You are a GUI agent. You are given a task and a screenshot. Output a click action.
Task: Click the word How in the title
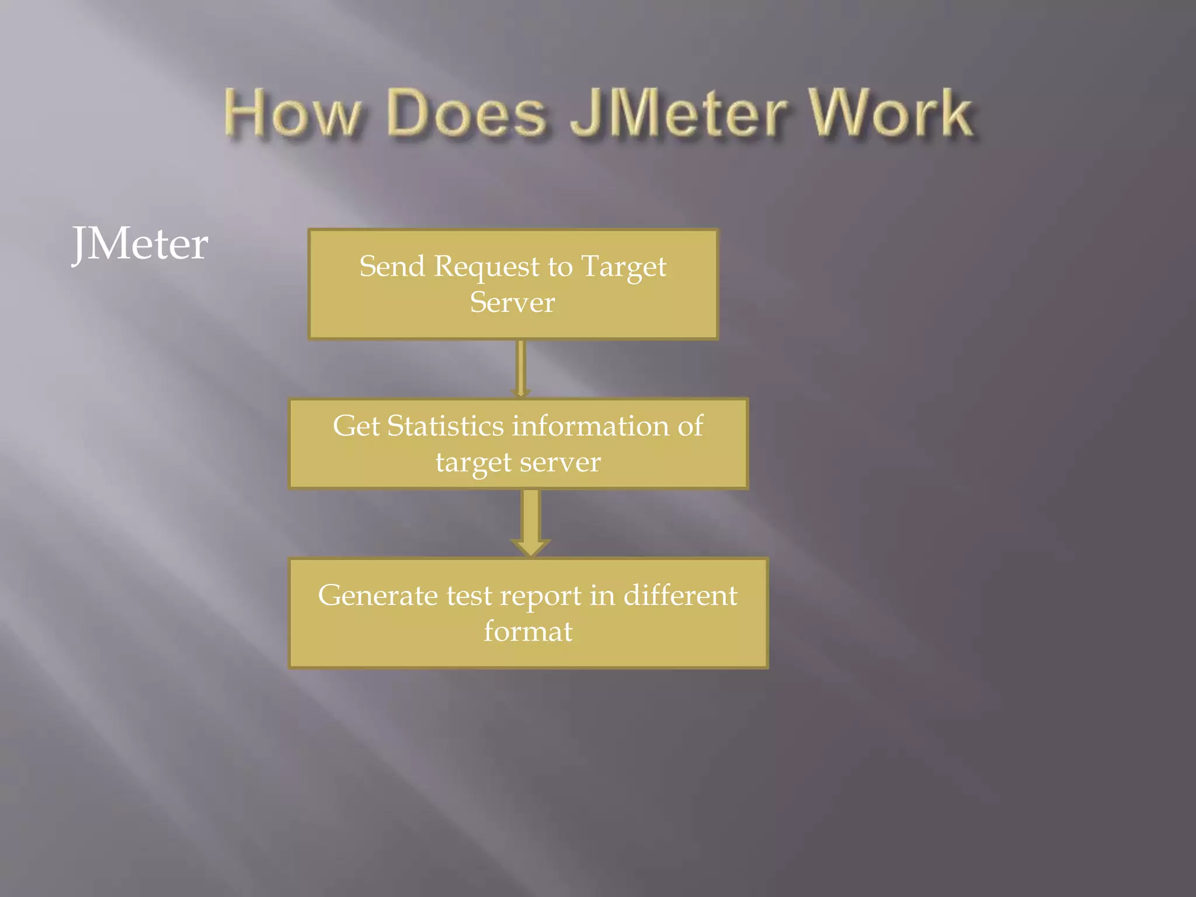292,114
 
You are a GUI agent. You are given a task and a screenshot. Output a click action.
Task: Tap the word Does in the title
467,114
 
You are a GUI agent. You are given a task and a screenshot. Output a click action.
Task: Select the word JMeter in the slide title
677,114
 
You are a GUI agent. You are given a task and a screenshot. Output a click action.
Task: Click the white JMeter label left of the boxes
140,244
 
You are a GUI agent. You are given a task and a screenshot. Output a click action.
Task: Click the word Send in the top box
392,266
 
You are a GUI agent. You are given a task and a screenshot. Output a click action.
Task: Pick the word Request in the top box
486,267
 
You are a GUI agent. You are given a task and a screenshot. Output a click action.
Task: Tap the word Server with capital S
512,303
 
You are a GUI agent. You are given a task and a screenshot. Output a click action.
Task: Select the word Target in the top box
624,267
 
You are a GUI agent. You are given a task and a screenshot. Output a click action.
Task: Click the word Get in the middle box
356,426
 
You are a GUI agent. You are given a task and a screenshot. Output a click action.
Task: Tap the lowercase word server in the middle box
559,462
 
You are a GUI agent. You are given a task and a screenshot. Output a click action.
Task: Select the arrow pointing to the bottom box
530,523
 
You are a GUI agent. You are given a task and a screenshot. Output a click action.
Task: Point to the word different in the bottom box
680,596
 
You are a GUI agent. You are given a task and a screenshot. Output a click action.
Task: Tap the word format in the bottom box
528,631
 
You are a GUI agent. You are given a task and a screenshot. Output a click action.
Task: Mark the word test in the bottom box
470,596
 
